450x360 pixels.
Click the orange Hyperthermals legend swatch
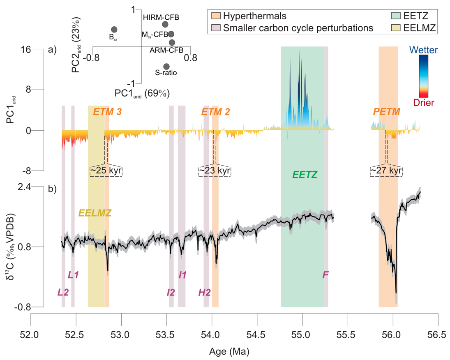216,17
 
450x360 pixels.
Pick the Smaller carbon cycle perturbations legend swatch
216,28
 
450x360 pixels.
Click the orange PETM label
387,112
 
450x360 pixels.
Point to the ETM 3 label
107,112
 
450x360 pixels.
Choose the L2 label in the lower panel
63,292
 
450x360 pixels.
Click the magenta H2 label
204,292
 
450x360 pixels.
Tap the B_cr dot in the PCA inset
114,30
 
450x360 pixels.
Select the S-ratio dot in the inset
166,66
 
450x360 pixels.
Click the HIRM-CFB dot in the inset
165,24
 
